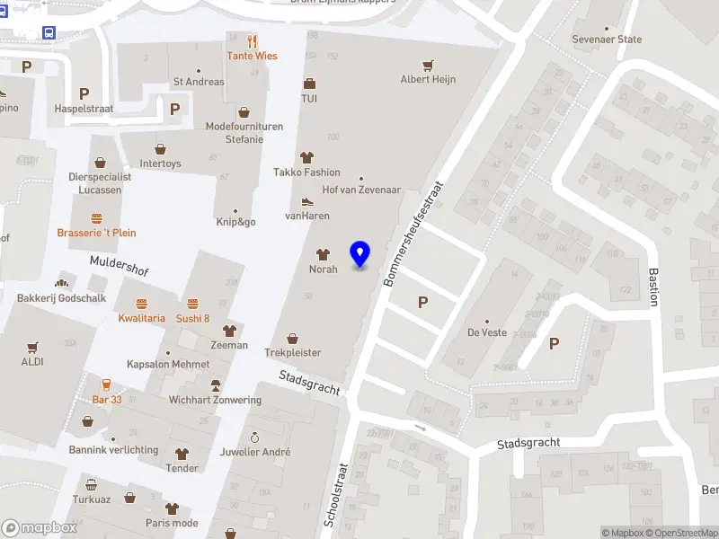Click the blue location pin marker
[x=360, y=254]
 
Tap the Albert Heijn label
[x=428, y=79]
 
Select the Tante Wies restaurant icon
[x=253, y=40]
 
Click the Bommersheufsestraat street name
[x=415, y=231]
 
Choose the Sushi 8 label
[x=192, y=318]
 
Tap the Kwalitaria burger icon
[x=142, y=304]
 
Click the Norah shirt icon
[x=324, y=254]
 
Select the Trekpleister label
[x=292, y=353]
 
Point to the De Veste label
[x=487, y=332]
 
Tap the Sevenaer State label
[x=608, y=40]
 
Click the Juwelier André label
[x=255, y=452]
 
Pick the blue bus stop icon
[x=48, y=32]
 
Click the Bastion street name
[x=654, y=286]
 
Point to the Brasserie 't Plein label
[x=96, y=233]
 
